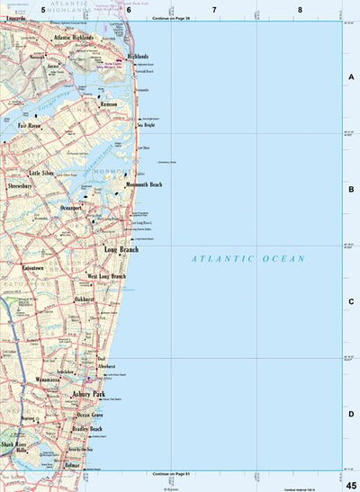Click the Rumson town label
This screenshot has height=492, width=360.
pos(110,103)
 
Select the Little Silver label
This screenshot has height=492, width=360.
pos(41,172)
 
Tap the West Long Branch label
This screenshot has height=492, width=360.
pos(106,276)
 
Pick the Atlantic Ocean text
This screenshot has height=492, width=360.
pos(248,259)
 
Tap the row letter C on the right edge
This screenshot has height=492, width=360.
pos(351,301)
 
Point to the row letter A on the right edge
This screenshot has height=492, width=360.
pos(351,77)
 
